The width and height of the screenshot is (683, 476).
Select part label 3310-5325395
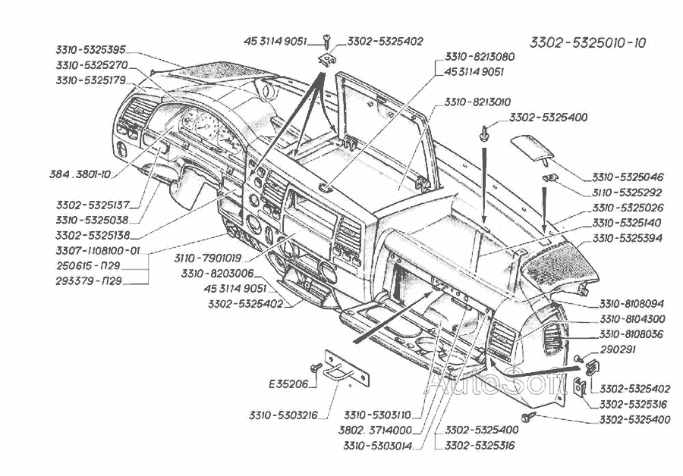(x=90, y=49)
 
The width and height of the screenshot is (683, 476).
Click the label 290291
(x=617, y=350)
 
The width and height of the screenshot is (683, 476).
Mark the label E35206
(x=288, y=384)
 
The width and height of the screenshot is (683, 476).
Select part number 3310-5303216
(x=282, y=415)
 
